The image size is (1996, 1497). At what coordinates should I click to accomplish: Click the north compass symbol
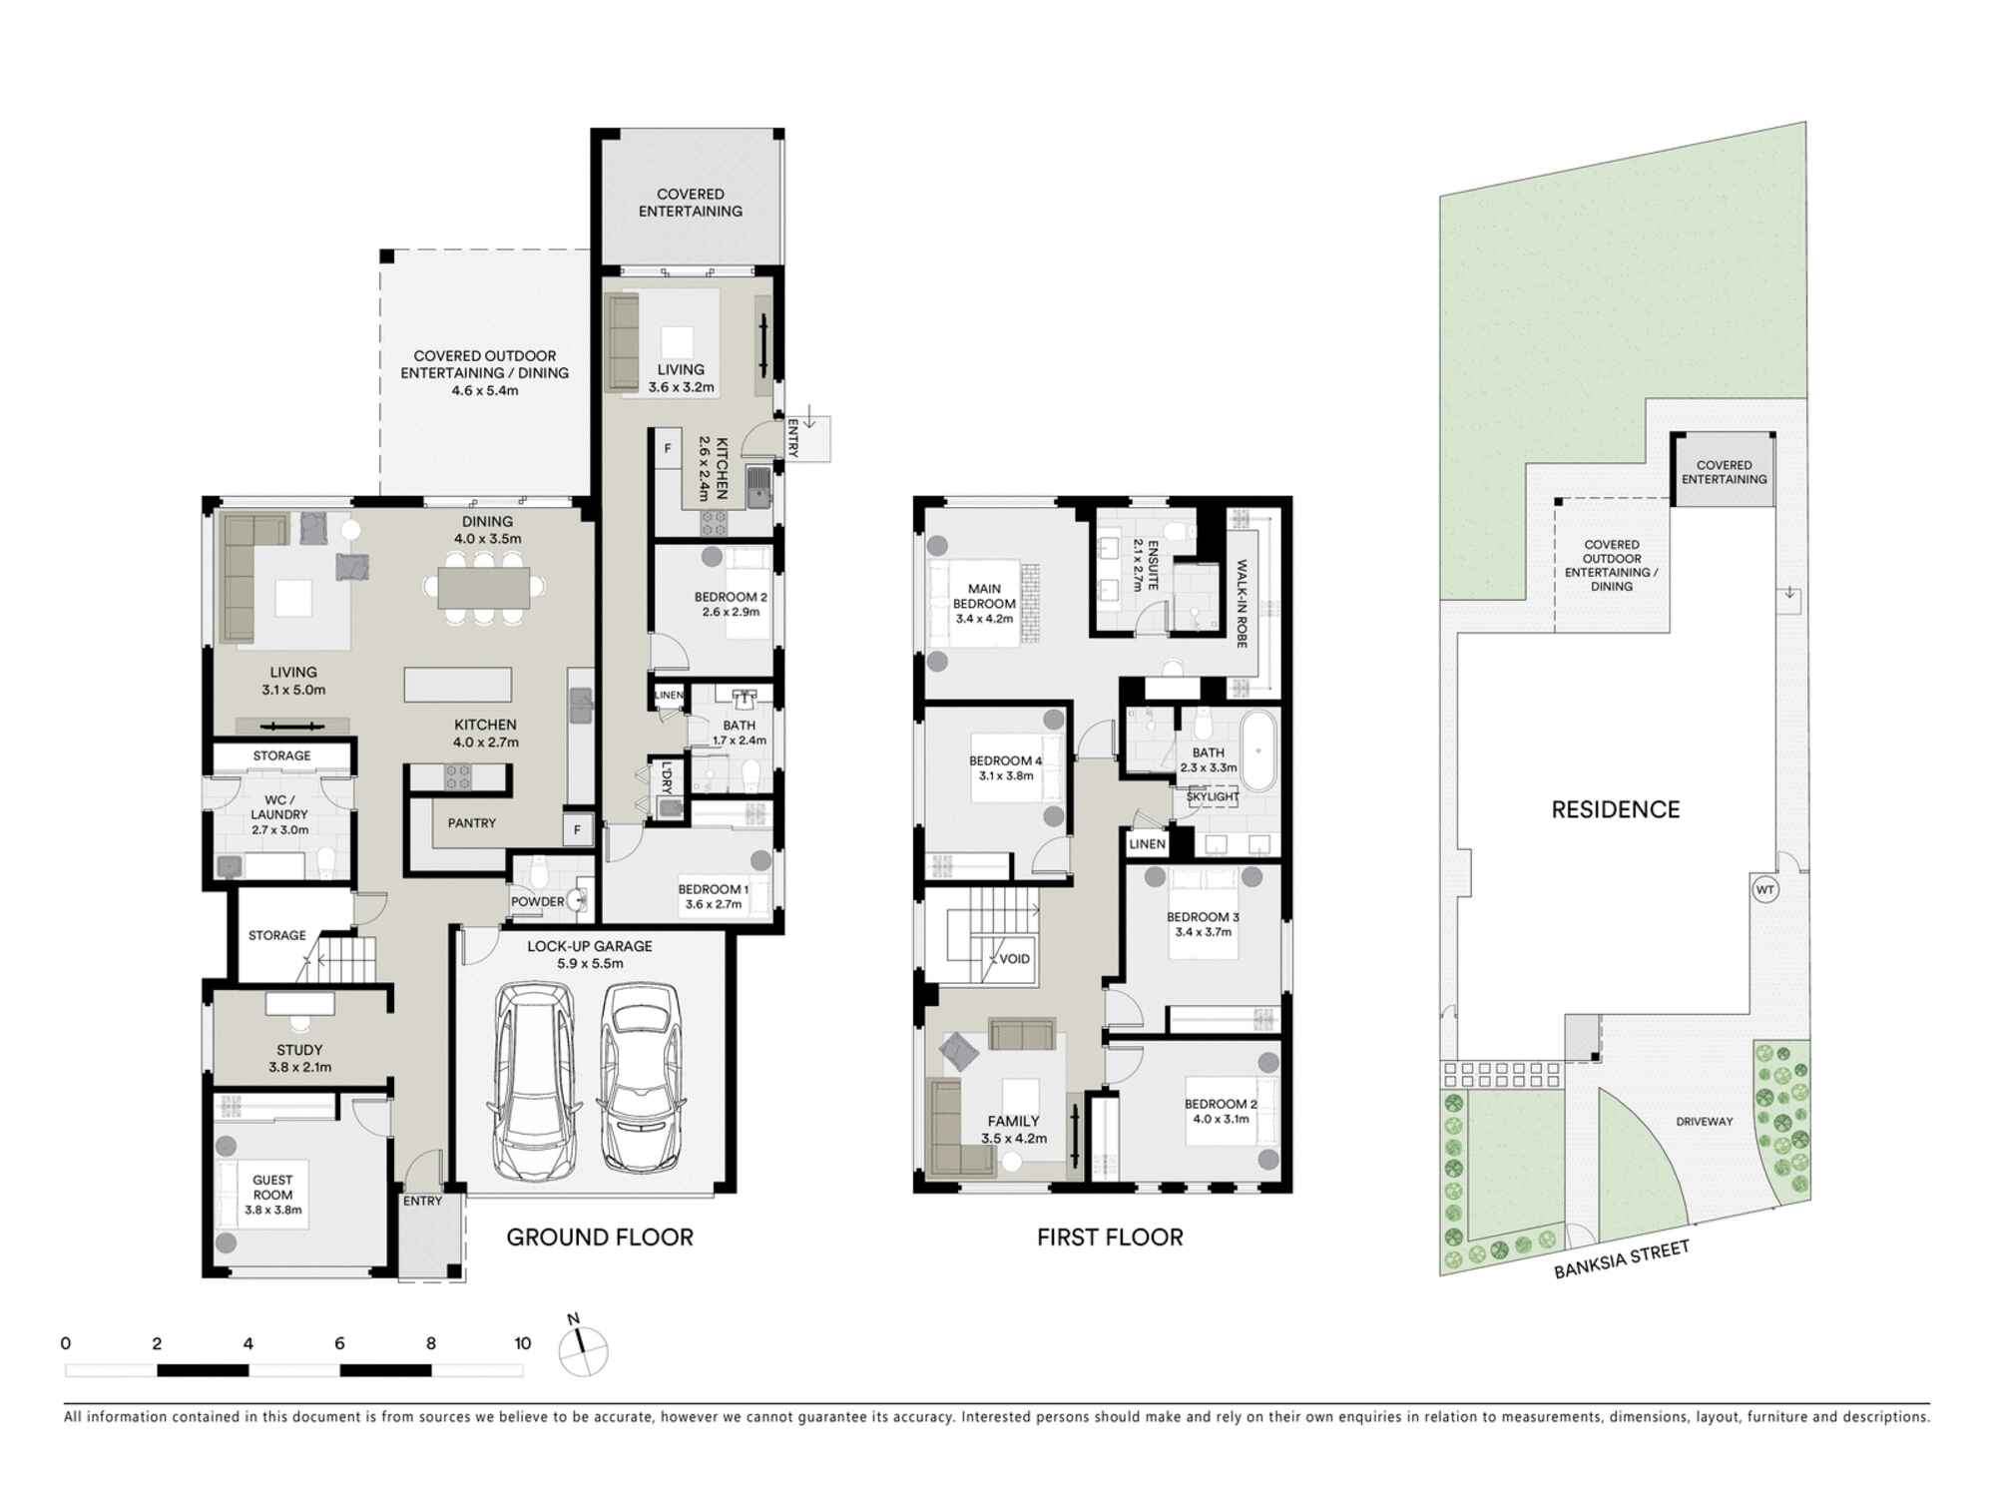(583, 1353)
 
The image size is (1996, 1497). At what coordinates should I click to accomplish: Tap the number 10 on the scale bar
(522, 1343)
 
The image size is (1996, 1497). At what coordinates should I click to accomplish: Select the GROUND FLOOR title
(600, 1238)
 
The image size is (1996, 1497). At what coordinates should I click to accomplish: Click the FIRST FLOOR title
(1110, 1238)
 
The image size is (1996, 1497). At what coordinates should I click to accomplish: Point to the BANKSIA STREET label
(1621, 1259)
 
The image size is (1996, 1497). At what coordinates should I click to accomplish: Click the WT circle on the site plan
(1765, 889)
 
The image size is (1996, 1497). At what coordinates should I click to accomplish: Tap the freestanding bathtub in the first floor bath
(1258, 750)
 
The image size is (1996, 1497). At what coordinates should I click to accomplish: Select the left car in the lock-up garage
(532, 1080)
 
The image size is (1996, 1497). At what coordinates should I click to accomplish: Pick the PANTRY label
(471, 823)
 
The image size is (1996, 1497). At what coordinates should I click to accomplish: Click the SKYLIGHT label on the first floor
(1213, 796)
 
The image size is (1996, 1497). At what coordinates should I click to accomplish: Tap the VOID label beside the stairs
(1014, 959)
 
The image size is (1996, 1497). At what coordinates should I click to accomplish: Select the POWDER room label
(537, 901)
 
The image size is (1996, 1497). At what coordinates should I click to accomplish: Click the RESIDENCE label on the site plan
(1615, 809)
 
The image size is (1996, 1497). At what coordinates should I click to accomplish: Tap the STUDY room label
(299, 1050)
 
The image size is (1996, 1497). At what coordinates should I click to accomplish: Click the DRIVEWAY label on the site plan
(1704, 1122)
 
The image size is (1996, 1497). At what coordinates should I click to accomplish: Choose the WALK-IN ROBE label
(1243, 604)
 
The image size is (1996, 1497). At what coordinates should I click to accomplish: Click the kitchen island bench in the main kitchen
(457, 686)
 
